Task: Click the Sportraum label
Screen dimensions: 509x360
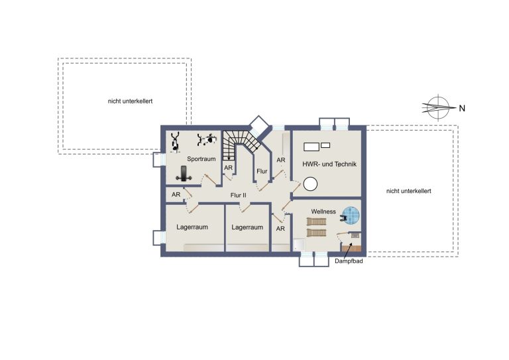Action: [201, 159]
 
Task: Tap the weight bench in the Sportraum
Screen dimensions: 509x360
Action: [184, 174]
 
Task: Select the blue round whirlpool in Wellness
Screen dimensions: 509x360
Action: [351, 215]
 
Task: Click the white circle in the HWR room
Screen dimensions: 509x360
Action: [310, 184]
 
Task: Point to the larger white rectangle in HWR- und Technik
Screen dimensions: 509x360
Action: [311, 147]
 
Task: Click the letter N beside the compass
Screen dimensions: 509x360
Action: [462, 109]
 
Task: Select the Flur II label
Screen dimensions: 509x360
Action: [239, 196]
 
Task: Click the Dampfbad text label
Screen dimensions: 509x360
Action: [349, 261]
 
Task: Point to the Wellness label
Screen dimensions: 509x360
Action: [323, 211]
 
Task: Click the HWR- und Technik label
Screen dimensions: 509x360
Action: [329, 164]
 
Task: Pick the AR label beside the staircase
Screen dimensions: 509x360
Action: [228, 168]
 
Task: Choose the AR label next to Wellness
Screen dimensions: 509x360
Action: [280, 229]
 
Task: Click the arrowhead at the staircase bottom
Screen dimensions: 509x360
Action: [229, 158]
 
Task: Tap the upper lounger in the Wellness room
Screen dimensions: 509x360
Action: [317, 221]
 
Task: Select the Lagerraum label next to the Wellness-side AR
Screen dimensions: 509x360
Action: [247, 227]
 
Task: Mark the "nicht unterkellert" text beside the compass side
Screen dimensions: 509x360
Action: [409, 191]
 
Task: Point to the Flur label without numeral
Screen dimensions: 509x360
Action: [262, 172]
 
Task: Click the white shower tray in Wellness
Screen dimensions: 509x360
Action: [300, 245]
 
